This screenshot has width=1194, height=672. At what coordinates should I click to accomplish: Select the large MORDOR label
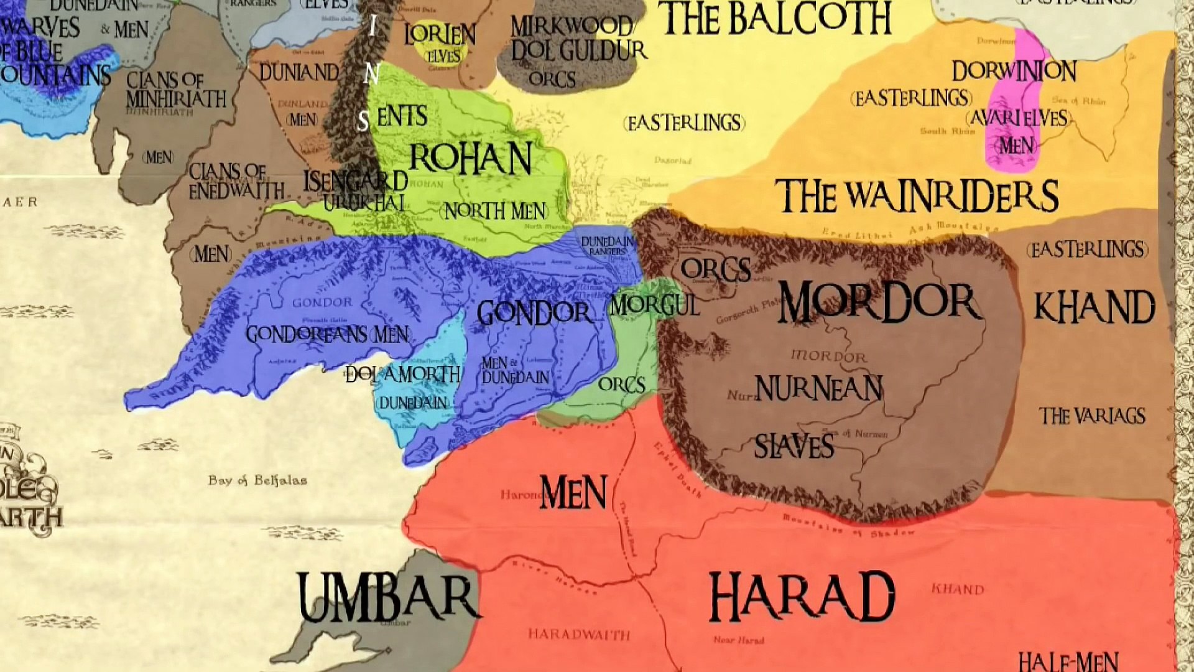click(x=879, y=302)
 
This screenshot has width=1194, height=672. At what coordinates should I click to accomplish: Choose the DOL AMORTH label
click(x=403, y=374)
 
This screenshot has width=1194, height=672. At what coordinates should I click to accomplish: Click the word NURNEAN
click(x=818, y=389)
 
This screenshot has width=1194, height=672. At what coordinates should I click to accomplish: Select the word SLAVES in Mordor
click(x=794, y=446)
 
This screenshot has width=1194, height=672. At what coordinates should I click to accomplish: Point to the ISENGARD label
click(x=355, y=181)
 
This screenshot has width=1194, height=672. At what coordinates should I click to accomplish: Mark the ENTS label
click(x=402, y=116)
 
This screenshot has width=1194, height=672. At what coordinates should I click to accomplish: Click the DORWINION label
click(x=1014, y=72)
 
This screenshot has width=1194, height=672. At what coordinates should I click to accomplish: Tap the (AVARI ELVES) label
click(x=1017, y=118)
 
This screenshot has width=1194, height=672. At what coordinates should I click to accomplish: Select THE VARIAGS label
click(x=1092, y=416)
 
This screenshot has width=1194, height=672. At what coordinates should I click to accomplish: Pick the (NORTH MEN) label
click(x=494, y=212)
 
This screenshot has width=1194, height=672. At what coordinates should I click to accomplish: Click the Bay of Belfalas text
click(x=257, y=480)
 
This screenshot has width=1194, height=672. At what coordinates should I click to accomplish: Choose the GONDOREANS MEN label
click(x=328, y=335)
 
